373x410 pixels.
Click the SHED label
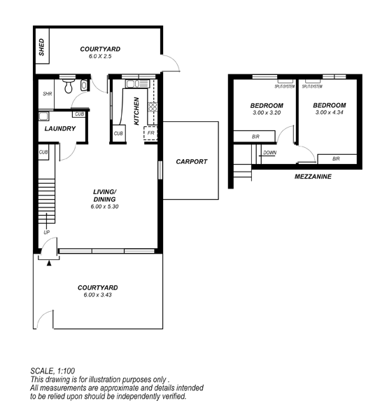coord(41,47)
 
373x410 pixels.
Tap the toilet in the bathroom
coord(69,86)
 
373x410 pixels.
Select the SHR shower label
coord(48,94)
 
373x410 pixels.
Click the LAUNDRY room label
coord(60,128)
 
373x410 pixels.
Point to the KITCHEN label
coord(136,111)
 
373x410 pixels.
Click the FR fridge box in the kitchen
coord(150,133)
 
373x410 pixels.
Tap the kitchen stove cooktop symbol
coord(153,107)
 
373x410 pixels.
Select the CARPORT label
coord(192,162)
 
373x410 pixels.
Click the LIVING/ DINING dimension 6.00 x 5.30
coord(104,206)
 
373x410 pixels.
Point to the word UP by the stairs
coord(46,232)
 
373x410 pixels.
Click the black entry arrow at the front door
coord(49,263)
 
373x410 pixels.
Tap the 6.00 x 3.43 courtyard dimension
coord(97,294)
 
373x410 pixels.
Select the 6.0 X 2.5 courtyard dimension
coord(100,56)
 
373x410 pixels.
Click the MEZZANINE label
coord(313,177)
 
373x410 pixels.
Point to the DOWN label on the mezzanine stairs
coord(269,153)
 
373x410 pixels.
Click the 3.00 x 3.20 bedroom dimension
coord(267,113)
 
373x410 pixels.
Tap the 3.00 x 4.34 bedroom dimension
coord(329,112)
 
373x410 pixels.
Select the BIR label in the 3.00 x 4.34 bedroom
coord(336,158)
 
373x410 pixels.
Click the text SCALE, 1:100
coord(52,371)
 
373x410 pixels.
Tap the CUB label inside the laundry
coord(79,114)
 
